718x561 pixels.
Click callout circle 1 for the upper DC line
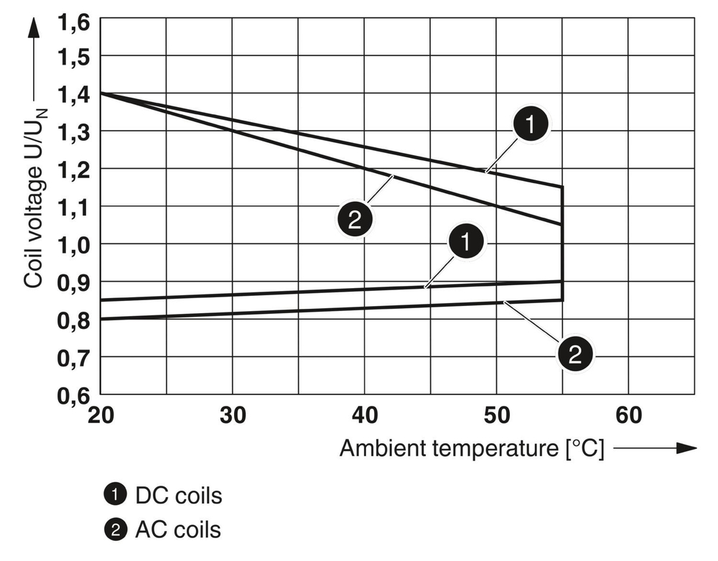coord(530,126)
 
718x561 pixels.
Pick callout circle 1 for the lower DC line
coord(467,242)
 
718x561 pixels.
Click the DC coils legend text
coord(177,495)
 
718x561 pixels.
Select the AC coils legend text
coord(177,530)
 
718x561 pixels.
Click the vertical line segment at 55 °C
coord(561,244)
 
